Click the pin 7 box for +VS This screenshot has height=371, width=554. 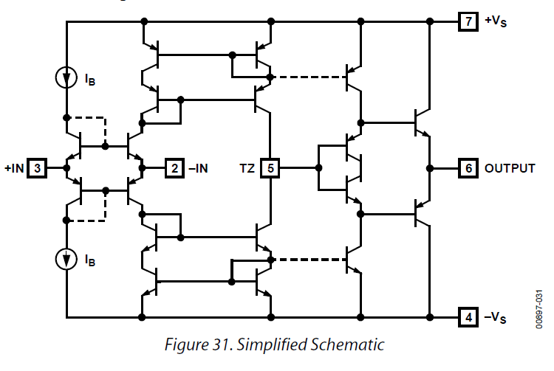(x=468, y=21)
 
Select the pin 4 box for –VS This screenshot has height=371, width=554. (x=468, y=318)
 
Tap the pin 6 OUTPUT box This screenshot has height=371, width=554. (x=468, y=168)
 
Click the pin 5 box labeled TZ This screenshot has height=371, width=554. (x=271, y=168)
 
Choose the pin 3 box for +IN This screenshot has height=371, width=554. (x=39, y=168)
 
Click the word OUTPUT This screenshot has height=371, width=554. (x=510, y=168)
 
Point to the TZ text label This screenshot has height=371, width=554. (x=247, y=168)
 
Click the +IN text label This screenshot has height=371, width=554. (x=15, y=168)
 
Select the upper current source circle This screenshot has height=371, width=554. (x=66, y=76)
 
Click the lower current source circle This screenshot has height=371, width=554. (x=66, y=259)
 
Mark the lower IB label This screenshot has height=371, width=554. (x=90, y=260)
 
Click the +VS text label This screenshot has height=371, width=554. (x=496, y=21)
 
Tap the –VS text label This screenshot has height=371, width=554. (x=496, y=318)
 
